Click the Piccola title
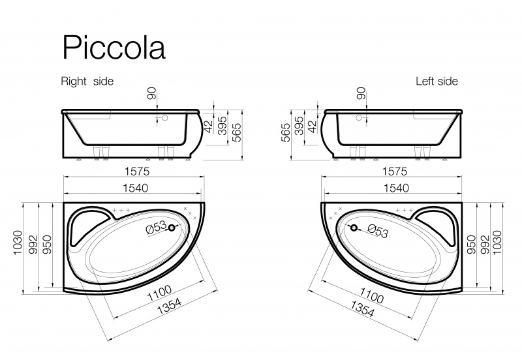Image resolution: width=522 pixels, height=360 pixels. [x=113, y=48]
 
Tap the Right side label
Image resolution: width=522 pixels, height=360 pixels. [x=87, y=82]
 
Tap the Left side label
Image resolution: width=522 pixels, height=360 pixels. [x=437, y=82]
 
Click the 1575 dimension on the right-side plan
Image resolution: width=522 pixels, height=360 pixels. [x=136, y=172]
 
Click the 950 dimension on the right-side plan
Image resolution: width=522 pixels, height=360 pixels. [x=46, y=242]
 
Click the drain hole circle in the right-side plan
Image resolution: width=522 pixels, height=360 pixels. [x=172, y=228]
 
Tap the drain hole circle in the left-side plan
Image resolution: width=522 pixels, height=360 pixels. [x=354, y=228]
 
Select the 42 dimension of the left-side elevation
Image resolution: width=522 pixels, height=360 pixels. [x=311, y=126]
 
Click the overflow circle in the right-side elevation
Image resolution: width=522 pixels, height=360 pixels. [x=165, y=119]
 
